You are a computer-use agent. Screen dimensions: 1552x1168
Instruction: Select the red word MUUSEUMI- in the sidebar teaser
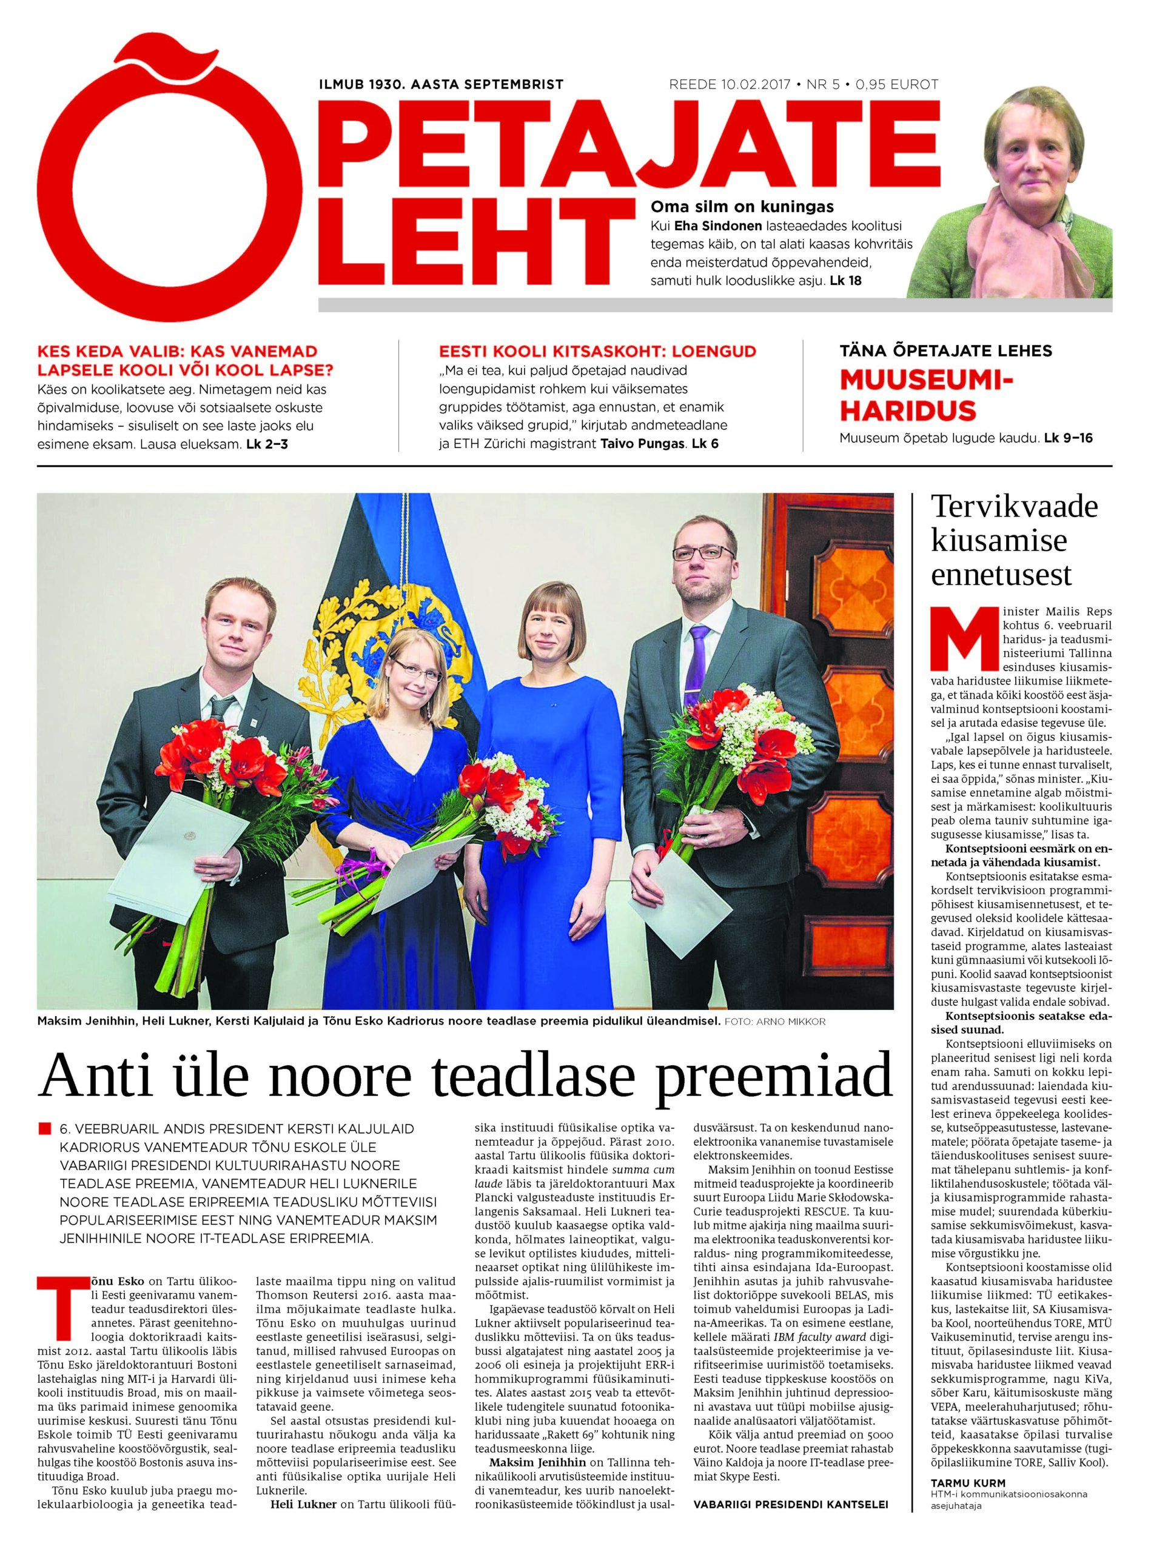click(x=927, y=380)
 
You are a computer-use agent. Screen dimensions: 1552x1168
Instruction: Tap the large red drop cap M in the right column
click(x=953, y=639)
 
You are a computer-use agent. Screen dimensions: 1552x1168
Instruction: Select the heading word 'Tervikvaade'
click(x=1013, y=507)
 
